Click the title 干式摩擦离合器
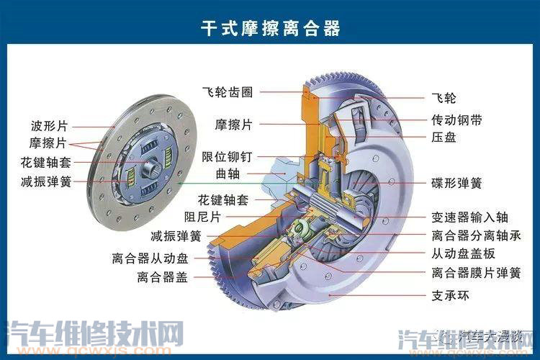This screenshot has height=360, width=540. tap(270, 27)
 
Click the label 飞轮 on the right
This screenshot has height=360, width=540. tap(444, 97)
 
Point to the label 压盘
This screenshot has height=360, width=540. tap(444, 137)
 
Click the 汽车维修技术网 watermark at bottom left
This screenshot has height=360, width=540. tap(94, 336)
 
